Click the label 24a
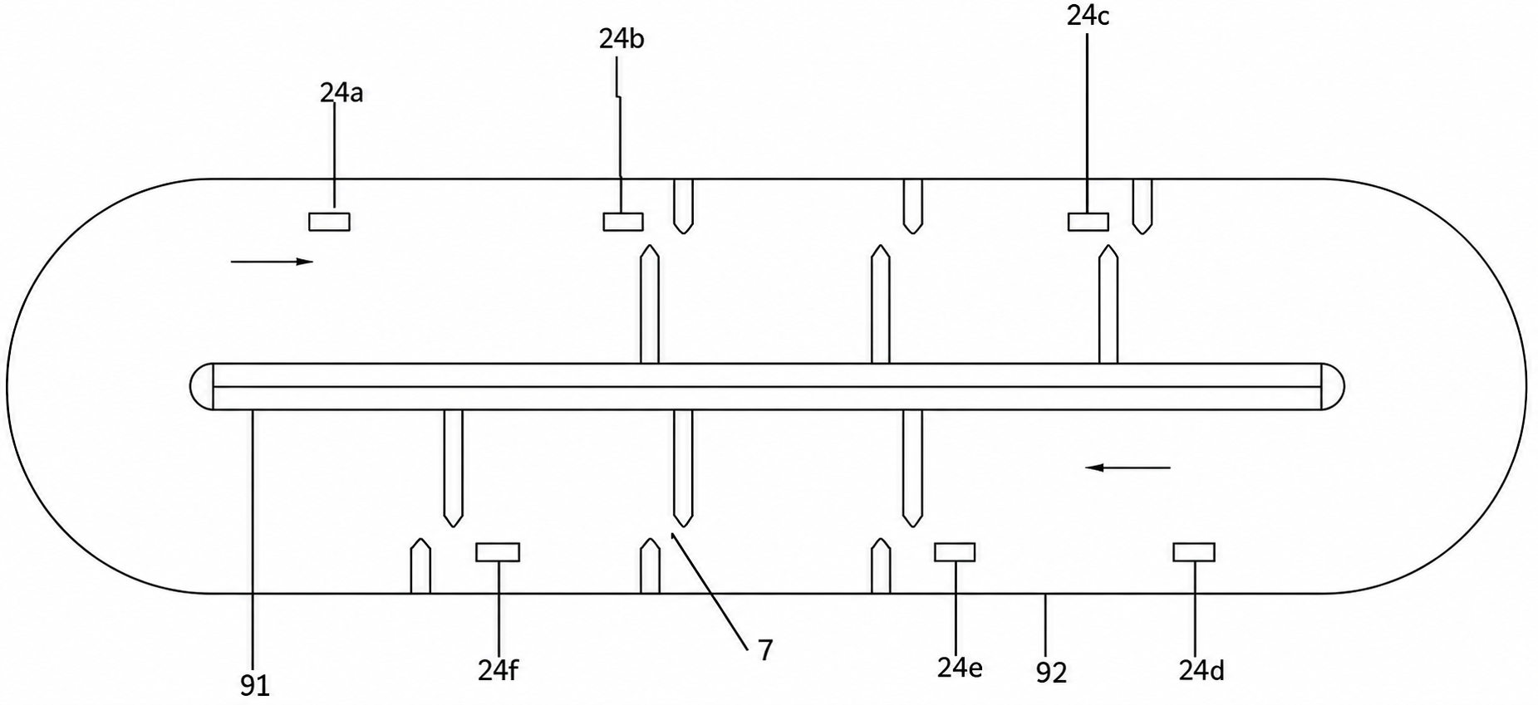[342, 93]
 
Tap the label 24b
[622, 39]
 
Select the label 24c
[1088, 16]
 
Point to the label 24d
[1201, 670]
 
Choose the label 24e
[960, 668]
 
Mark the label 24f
[499, 669]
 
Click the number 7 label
[765, 650]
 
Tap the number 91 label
[255, 686]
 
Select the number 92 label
[1051, 672]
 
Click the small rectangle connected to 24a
[329, 222]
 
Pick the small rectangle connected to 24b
[623, 222]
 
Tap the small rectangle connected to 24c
[1088, 222]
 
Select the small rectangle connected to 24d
[1194, 552]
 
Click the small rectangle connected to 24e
[955, 552]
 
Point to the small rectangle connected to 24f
[498, 552]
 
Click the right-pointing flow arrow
[272, 262]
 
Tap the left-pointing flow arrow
[1128, 468]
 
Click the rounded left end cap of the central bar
[202, 386]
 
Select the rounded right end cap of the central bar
[1333, 386]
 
